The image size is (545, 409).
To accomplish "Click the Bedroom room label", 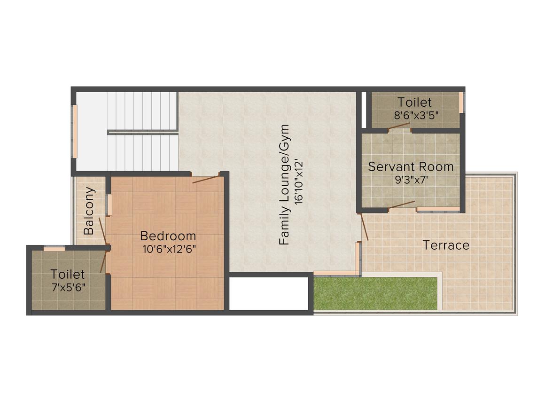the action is coord(168,236).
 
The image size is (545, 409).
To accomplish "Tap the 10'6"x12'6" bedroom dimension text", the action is coord(169,249).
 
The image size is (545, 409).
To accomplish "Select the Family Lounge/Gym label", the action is coord(284,185).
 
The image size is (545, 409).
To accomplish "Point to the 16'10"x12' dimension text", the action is coord(298,181).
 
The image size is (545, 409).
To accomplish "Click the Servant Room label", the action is coord(411,167).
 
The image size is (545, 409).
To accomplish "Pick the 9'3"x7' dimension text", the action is coord(411,180).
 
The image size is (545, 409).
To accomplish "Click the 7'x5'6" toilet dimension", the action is coord(69,288).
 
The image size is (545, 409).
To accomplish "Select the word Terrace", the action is coord(446,245).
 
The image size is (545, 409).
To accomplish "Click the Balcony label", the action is coord(89,211).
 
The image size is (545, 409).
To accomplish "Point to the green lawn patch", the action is coord(375,293).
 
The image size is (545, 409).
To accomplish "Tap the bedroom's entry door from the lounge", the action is coord(206,179).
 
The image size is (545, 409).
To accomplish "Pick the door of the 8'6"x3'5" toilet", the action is coord(400,126).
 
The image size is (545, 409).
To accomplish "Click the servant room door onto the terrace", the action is coord(402,204).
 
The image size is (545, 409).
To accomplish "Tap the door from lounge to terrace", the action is coord(365,227).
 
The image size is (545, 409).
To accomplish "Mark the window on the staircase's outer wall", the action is coord(74,131).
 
